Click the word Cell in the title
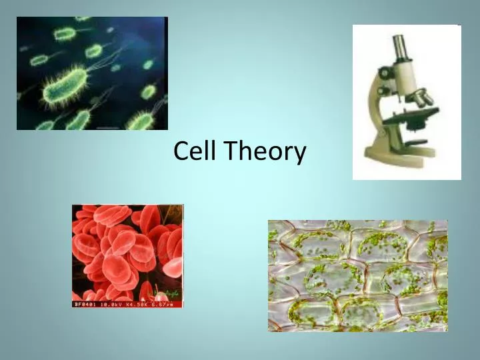point(195,151)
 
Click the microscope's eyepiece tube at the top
point(400,47)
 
